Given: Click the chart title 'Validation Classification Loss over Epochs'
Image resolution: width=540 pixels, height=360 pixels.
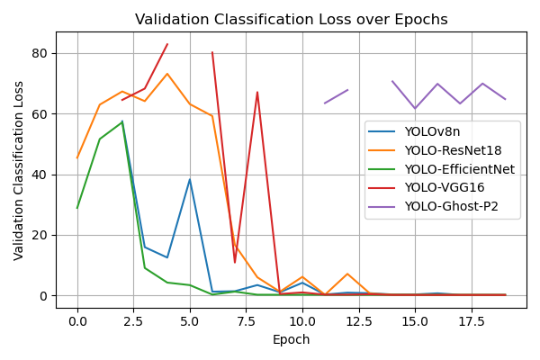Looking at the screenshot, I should [291, 20].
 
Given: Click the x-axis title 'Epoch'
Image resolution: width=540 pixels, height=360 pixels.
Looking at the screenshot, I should [291, 340].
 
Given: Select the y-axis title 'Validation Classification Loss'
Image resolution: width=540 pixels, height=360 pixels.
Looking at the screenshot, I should [19, 170].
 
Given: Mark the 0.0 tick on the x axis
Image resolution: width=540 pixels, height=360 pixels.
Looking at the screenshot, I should [77, 320].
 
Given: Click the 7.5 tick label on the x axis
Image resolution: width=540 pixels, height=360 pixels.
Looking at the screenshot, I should [246, 320].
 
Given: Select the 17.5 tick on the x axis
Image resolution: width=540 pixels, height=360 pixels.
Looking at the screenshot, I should [471, 320].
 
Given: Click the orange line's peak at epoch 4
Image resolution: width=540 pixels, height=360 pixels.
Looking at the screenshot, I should [167, 74].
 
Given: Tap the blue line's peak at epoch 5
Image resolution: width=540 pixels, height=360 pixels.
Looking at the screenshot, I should [190, 179].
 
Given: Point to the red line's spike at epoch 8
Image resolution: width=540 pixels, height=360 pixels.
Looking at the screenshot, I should [257, 92].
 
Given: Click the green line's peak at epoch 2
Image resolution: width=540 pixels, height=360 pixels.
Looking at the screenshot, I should [122, 121].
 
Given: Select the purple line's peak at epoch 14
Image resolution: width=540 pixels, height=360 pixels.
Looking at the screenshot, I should [392, 81].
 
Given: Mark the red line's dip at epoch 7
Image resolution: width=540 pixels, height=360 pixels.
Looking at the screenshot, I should [235, 263].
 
